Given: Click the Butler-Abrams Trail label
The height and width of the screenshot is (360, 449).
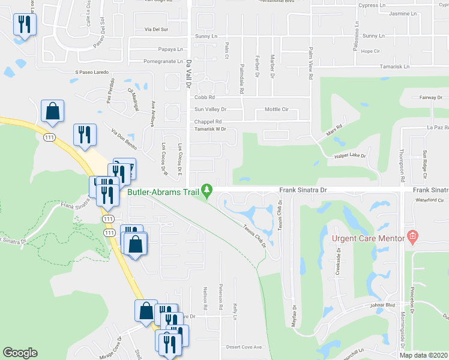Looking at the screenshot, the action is point(163,193).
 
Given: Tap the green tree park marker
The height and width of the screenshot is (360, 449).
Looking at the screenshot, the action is point(207,191).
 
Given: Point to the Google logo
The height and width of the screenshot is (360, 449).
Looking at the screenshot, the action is point(20,353).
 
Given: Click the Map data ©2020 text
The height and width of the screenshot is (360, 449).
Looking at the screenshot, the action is point(423,355).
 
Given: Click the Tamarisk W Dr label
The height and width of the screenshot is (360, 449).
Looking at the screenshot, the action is point(209,129).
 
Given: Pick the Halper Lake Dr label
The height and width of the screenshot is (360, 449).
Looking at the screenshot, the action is point(351,156).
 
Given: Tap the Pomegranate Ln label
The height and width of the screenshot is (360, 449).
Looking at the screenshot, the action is point(162,61).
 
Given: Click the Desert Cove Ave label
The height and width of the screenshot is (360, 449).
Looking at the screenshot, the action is point(244,347).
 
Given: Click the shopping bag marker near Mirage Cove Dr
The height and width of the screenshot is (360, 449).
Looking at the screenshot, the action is point(146,310).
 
